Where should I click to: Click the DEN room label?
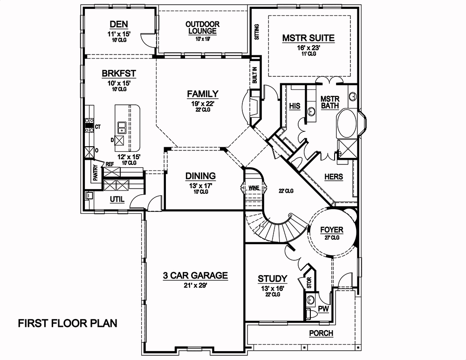(119, 24)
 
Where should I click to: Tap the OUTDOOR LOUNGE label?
(202, 27)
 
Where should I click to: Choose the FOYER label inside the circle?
(332, 230)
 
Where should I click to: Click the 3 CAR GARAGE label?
(195, 276)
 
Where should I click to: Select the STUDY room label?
(273, 279)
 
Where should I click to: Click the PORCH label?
(322, 333)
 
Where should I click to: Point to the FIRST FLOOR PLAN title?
(68, 323)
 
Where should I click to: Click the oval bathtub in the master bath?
(348, 123)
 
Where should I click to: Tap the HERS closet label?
(333, 177)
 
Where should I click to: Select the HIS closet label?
(295, 106)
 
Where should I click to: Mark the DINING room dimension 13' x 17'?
(200, 185)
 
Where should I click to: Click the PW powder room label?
(323, 308)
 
